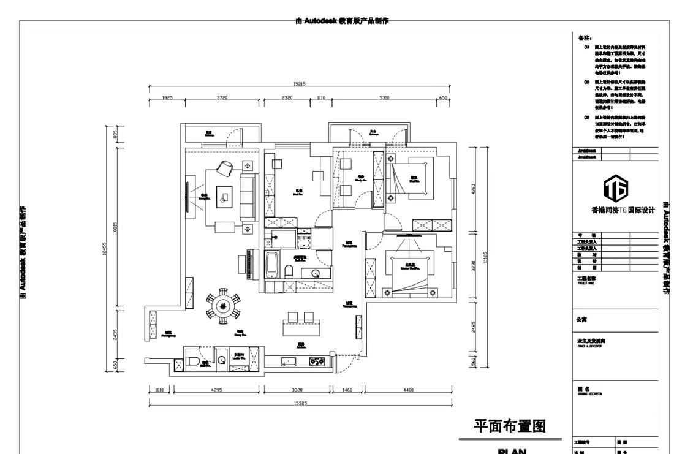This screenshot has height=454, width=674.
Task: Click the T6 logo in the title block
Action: pyautogui.click(x=616, y=191)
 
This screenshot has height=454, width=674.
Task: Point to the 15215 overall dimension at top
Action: pyautogui.click(x=300, y=84)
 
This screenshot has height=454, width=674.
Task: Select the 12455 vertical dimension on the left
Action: pyautogui.click(x=106, y=248)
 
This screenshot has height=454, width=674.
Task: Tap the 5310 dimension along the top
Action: pyautogui.click(x=384, y=97)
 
